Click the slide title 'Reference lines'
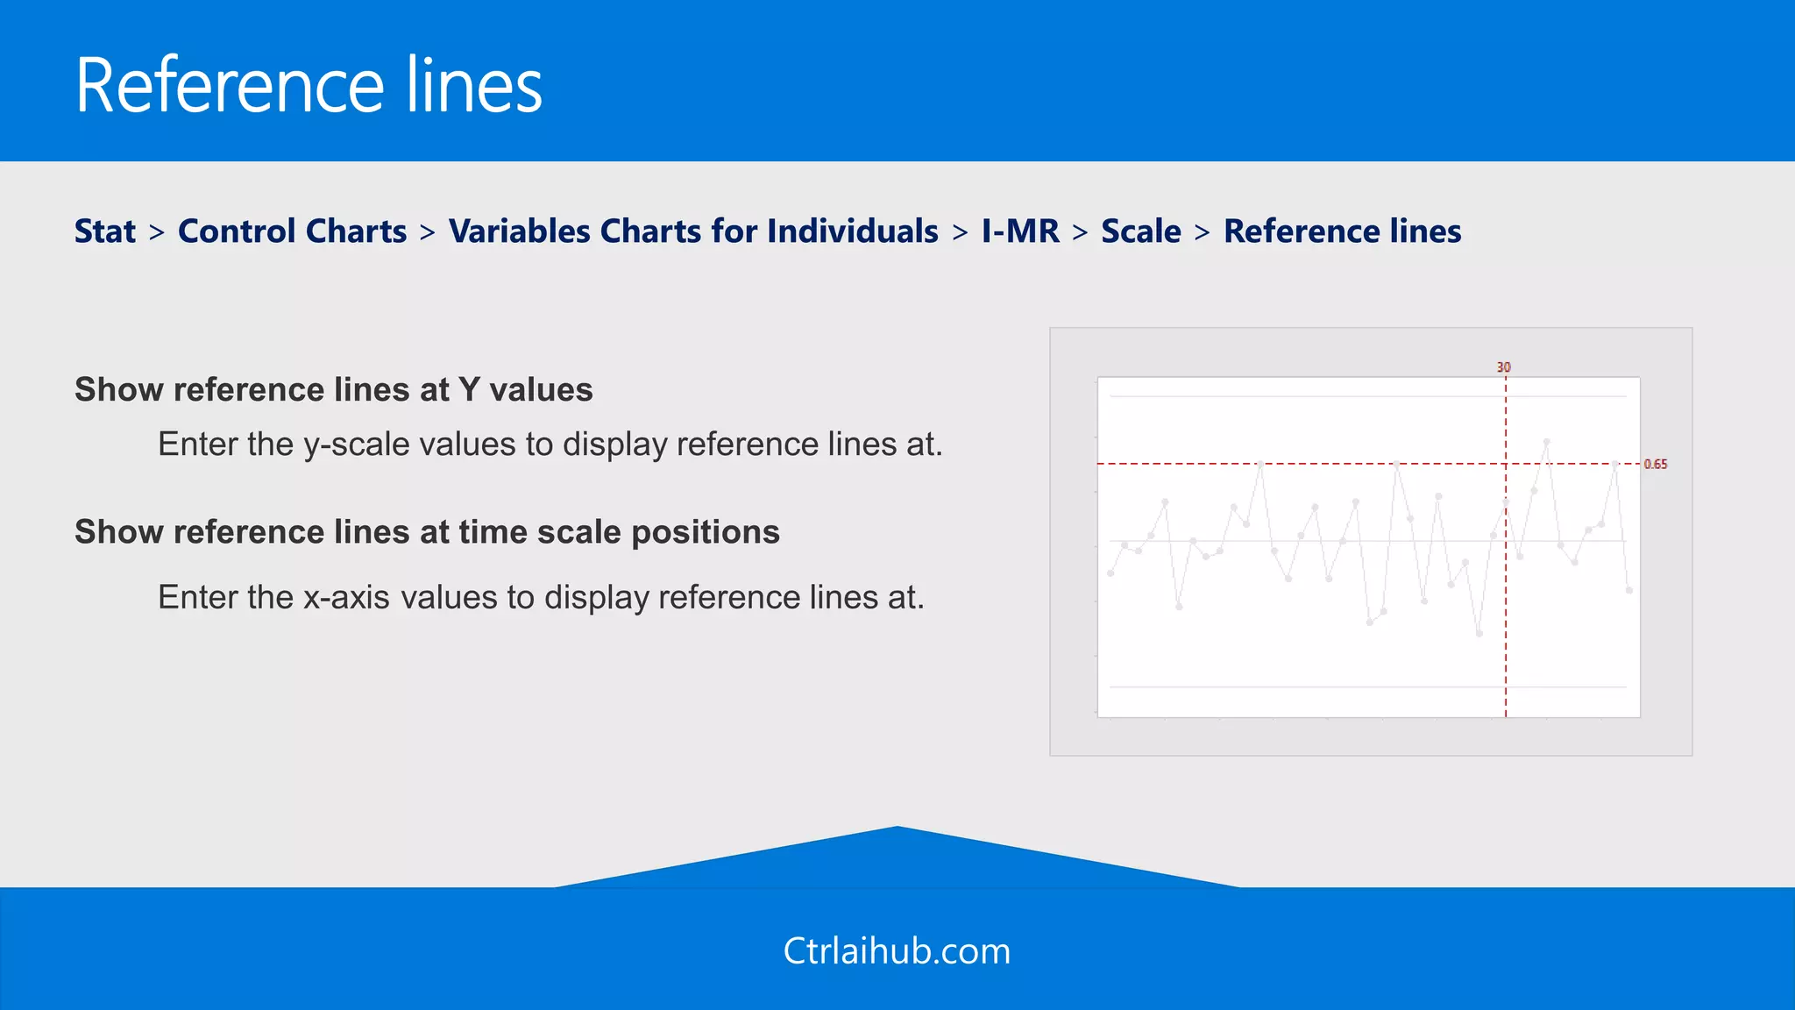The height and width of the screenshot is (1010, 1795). coord(309,85)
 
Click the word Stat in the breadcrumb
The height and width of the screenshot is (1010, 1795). coord(105,231)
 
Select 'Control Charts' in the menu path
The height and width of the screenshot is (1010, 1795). coord(292,231)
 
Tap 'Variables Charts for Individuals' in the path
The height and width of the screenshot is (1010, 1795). coord(693,231)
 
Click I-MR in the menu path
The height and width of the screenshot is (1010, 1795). coord(1020,231)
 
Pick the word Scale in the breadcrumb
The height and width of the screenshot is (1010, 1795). coord(1140,231)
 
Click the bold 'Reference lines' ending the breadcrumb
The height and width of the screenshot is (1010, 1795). coord(1342,231)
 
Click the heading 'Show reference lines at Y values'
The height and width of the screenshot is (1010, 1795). coord(333,389)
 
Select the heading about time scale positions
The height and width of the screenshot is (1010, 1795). coord(427,532)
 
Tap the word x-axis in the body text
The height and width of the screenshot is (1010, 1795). coord(346,598)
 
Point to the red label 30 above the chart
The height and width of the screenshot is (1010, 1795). coord(1503,367)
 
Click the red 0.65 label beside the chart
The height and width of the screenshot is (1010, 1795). coord(1655,464)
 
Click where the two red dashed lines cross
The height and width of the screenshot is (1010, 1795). coord(1506,464)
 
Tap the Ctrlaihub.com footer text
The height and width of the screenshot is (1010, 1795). coord(897,951)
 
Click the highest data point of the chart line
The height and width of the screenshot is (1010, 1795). coord(1547,442)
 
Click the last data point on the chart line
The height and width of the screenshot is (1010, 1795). coord(1629,590)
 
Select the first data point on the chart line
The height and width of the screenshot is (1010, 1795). coord(1110,573)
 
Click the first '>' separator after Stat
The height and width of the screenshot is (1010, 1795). coord(157,232)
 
